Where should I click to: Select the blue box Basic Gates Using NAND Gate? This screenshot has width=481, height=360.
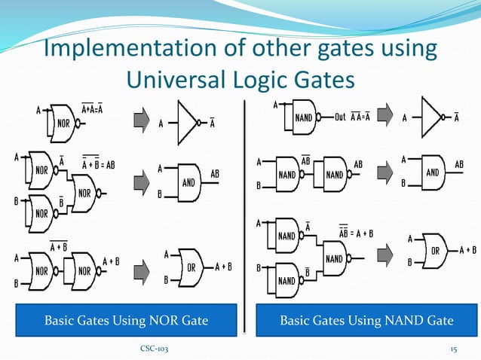click(366, 321)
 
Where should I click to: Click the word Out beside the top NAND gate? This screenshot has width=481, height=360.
click(341, 117)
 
